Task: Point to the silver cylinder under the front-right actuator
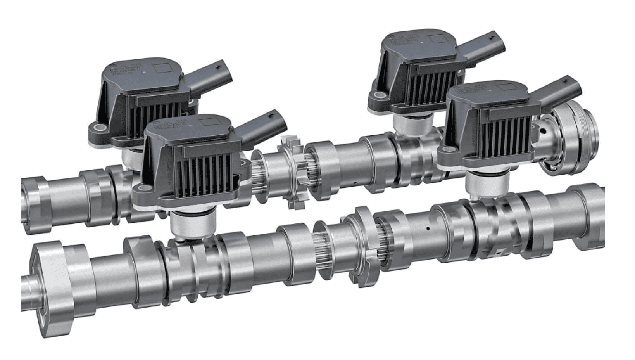pyautogui.click(x=487, y=186)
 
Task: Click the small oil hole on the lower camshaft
pyautogui.click(x=428, y=228)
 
